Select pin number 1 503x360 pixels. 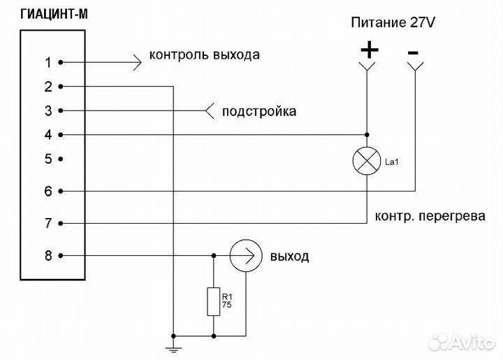[48, 62]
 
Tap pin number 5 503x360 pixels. [48, 159]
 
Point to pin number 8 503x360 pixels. [48, 256]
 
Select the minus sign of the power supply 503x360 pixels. [414, 51]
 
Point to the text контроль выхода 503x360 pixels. [205, 55]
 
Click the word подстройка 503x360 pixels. [258, 111]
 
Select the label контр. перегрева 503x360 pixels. [430, 217]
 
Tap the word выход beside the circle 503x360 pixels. [289, 257]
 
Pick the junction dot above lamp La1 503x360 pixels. [367, 134]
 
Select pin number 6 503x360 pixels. [48, 191]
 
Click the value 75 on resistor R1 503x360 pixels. [228, 305]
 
